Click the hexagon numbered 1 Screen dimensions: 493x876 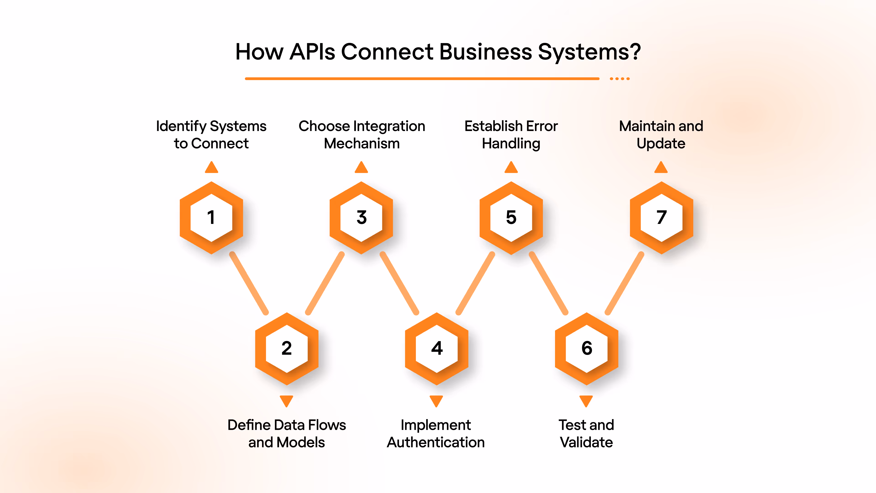coord(211,218)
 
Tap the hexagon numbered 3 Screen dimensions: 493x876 coord(362,218)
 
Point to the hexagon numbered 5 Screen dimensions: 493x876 coord(511,218)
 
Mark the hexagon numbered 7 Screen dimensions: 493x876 coord(661,218)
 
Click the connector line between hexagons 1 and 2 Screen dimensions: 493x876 coord(249,283)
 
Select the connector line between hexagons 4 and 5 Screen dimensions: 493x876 coord(475,283)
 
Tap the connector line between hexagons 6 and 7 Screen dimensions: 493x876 coord(625,283)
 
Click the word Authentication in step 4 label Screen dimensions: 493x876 coord(436,443)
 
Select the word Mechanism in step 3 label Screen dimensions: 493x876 coord(362,144)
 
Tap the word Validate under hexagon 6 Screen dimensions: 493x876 coord(586,443)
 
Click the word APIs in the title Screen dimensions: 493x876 coord(312,52)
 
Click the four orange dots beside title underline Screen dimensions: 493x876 coord(620,79)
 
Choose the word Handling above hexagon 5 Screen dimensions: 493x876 coord(511,144)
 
